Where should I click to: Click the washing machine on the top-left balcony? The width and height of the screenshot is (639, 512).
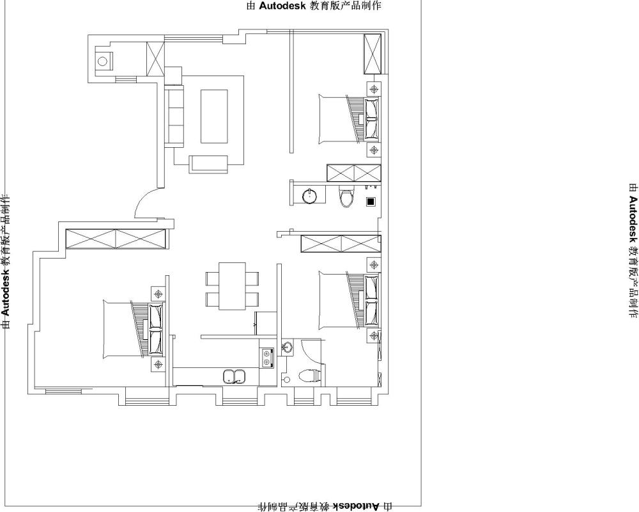(x=104, y=61)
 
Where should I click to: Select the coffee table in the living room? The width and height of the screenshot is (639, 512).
(x=214, y=116)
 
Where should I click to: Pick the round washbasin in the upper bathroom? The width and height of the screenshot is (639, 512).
(x=310, y=196)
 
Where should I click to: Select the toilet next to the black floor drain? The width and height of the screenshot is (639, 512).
(x=347, y=196)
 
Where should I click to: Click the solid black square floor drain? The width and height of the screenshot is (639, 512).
(x=370, y=202)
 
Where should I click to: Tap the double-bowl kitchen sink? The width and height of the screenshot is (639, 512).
(x=233, y=376)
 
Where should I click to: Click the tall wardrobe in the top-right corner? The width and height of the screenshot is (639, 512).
(x=373, y=54)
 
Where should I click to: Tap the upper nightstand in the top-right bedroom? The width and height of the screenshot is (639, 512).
(x=374, y=88)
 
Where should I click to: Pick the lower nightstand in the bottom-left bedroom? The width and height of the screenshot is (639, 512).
(x=158, y=365)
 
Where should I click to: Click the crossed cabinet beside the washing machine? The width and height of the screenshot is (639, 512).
(x=155, y=60)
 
